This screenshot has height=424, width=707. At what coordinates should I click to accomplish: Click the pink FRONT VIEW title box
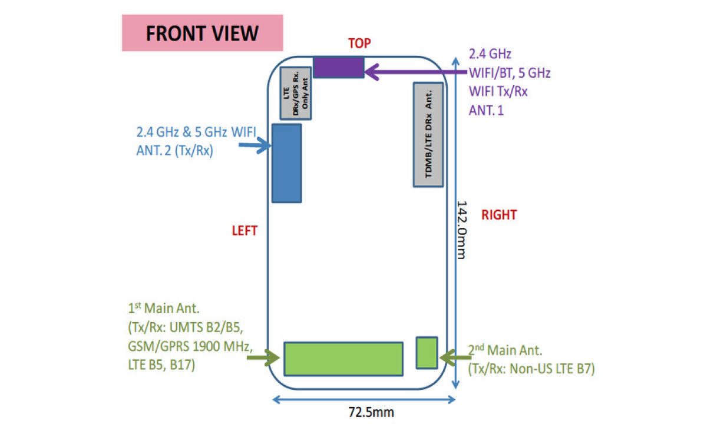(x=202, y=33)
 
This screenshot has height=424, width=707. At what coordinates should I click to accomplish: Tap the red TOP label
(x=360, y=43)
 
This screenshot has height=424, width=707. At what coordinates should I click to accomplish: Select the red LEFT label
(x=244, y=231)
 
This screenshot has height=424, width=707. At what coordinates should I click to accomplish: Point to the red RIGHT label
(x=498, y=215)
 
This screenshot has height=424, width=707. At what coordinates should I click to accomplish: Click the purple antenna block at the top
(x=338, y=67)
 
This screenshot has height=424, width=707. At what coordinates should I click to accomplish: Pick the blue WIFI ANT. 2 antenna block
(x=286, y=163)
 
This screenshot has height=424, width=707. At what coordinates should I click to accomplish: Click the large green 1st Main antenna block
(x=343, y=358)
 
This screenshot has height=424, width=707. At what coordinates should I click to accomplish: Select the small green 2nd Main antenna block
(x=427, y=352)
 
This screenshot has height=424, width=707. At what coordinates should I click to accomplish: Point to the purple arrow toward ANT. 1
(x=412, y=72)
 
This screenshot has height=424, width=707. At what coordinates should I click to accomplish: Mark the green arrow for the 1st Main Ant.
(x=265, y=357)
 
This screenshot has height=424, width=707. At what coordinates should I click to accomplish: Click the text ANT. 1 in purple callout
(x=486, y=110)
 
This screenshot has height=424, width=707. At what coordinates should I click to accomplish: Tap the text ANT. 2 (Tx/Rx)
(x=174, y=150)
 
